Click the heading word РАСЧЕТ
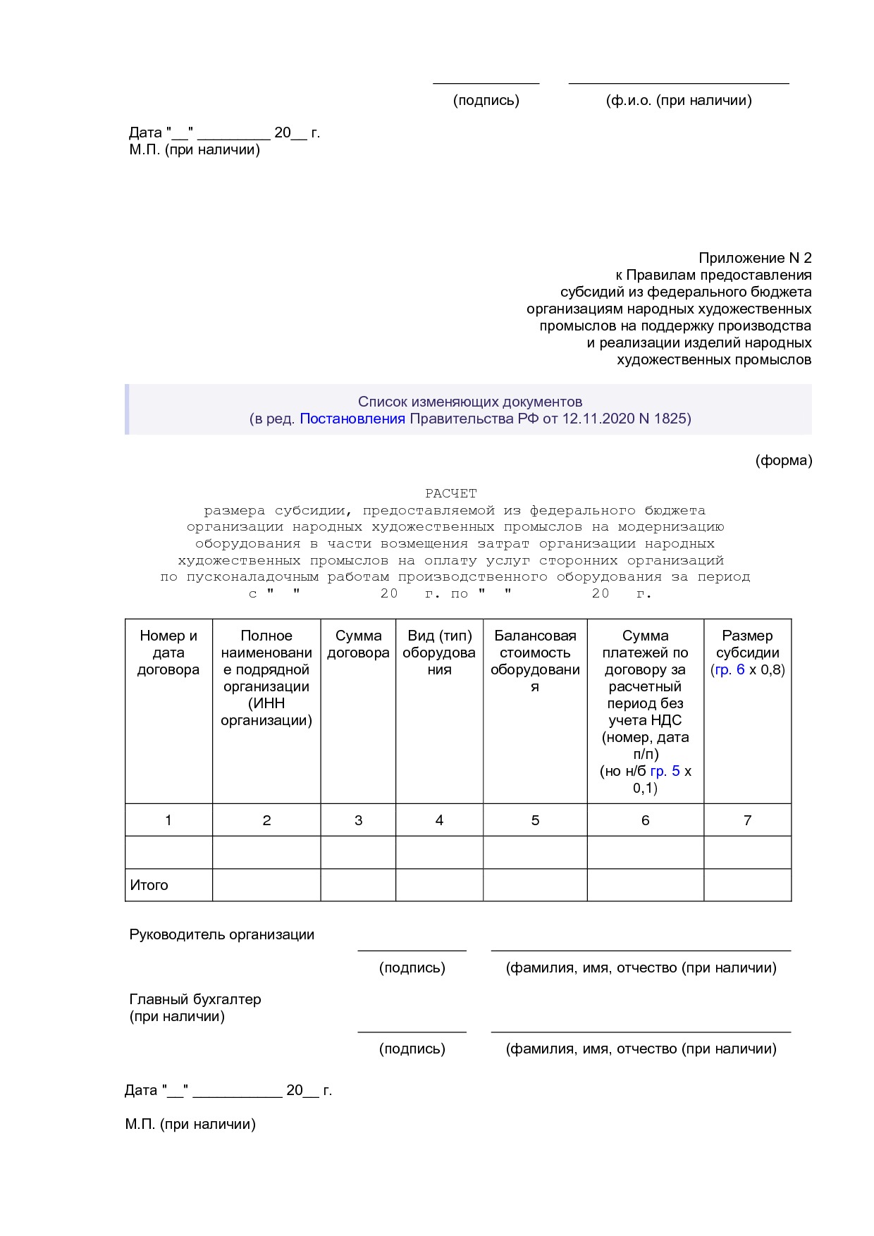[x=450, y=493]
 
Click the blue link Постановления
[x=352, y=419]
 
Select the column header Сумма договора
[x=358, y=644]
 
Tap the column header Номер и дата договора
[x=168, y=653]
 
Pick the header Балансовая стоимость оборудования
[x=535, y=661]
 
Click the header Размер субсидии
[x=747, y=644]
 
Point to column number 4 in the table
[x=439, y=820]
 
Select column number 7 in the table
[x=747, y=820]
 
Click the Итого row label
[x=149, y=885]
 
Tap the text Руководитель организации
[x=221, y=934]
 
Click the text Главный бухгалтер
[x=195, y=999]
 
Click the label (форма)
[x=784, y=461]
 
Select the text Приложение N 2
[x=755, y=258]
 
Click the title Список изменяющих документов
[x=470, y=402]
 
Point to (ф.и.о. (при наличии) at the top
[x=679, y=100]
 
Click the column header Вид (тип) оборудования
[x=439, y=653]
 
